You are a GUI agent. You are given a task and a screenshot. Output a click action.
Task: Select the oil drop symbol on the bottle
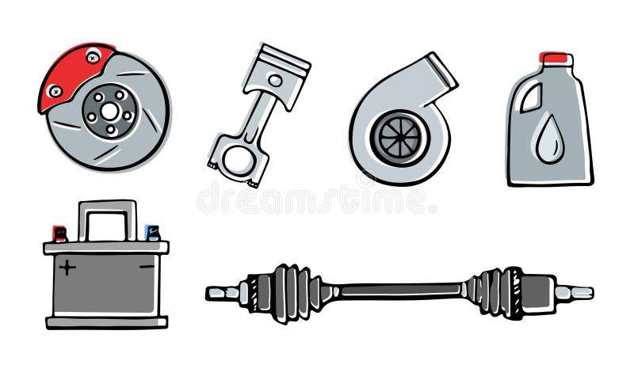coord(548,142)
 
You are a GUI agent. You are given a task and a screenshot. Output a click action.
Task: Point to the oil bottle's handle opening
coord(530,97)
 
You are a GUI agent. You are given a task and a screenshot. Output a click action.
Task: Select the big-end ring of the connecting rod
coord(237,158)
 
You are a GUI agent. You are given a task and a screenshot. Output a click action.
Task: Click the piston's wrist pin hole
coord(274,81)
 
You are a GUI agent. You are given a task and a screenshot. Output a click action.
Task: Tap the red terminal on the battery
coord(59,234)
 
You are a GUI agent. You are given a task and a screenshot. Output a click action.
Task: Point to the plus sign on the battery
coord(67,268)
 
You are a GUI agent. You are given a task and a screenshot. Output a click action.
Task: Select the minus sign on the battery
coord(146,268)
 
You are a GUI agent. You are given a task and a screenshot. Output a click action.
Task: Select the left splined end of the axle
coord(223,293)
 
